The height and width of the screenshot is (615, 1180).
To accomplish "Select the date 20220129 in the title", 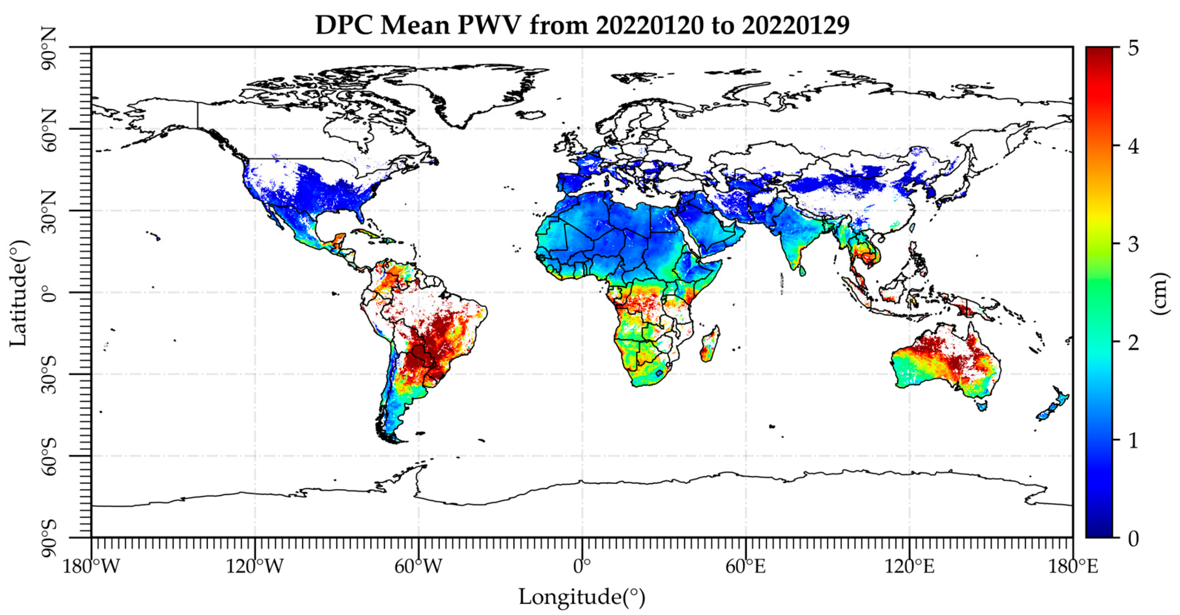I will [796, 25].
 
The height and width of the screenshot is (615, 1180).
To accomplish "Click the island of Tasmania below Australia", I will [981, 405].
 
